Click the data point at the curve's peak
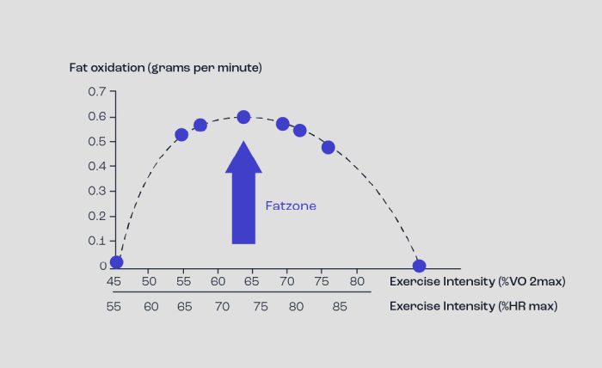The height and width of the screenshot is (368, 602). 243,117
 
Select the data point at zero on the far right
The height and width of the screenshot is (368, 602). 419,266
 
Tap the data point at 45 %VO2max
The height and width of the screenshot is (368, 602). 116,262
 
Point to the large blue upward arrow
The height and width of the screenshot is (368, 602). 243,193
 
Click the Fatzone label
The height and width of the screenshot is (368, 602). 291,205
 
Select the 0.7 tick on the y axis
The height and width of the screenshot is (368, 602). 97,91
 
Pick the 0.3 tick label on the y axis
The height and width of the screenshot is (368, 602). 97,191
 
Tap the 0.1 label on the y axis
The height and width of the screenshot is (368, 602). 97,241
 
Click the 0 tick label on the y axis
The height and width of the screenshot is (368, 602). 103,266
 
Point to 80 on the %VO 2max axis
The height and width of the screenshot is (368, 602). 357,281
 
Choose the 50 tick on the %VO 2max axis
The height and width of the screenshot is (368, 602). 149,281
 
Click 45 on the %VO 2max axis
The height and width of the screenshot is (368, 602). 114,281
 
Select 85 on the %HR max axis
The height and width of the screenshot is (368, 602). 340,306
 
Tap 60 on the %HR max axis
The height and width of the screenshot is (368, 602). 151,306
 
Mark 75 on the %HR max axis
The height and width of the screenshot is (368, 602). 261,306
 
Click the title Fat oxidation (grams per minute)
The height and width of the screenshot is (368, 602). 165,68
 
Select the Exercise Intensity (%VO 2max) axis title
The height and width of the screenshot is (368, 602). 477,281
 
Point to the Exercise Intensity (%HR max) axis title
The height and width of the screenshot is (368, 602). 473,306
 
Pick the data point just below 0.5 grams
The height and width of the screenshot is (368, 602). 329,147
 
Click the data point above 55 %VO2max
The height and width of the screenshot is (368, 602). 181,135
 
